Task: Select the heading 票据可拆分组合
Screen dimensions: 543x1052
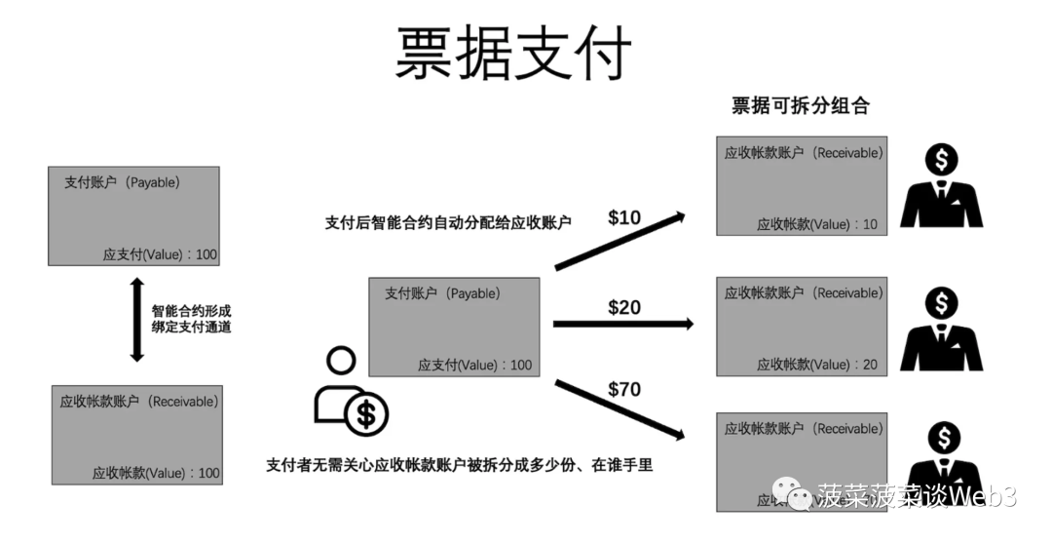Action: point(800,106)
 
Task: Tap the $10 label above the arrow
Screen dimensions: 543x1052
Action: point(624,217)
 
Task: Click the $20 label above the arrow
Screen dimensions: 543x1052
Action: point(624,307)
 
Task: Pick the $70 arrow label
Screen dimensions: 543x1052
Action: point(624,390)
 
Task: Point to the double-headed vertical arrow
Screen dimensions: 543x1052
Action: point(136,320)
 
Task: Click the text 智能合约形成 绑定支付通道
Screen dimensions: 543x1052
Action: point(192,320)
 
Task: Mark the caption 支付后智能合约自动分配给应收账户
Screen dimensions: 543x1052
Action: point(448,222)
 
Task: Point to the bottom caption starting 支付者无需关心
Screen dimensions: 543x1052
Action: point(459,465)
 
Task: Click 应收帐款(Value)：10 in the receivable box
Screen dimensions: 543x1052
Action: point(817,224)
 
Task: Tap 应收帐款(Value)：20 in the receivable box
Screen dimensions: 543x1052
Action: point(817,365)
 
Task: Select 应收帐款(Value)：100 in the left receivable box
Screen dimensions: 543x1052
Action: point(156,473)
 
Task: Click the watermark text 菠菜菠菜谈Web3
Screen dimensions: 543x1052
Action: point(917,497)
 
